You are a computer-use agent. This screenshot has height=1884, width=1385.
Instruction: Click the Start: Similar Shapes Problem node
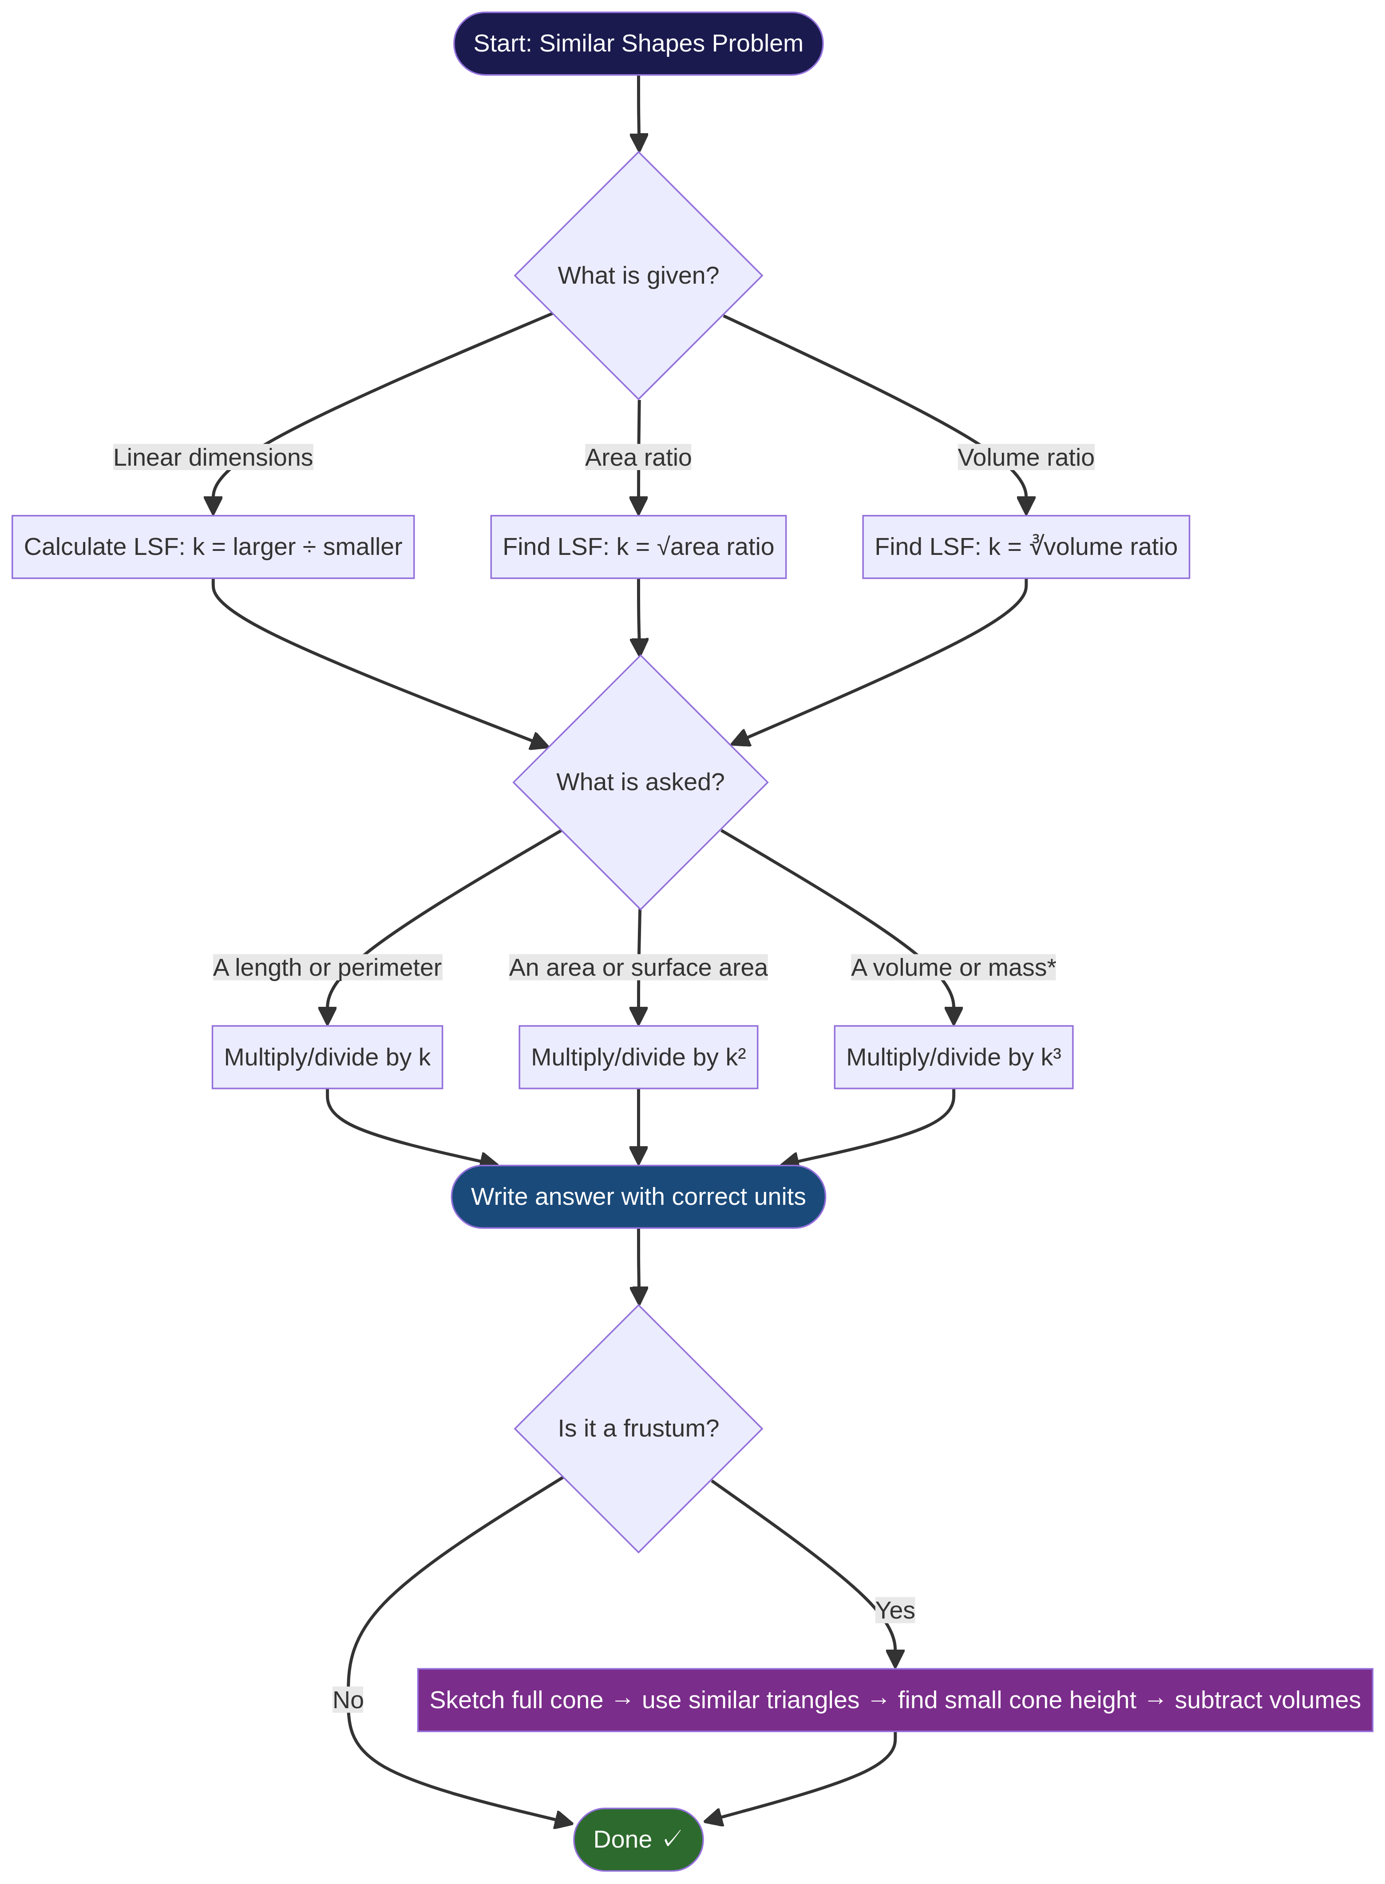click(x=638, y=44)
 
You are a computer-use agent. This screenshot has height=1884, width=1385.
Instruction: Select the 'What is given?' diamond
click(x=638, y=275)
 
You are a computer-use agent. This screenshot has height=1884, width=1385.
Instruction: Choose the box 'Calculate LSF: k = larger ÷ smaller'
click(x=213, y=546)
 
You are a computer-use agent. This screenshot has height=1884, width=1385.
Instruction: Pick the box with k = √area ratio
click(x=638, y=546)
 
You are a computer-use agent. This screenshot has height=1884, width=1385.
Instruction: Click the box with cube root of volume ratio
click(x=1025, y=546)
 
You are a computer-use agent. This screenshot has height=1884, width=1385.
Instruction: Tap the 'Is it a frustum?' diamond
click(x=638, y=1428)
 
